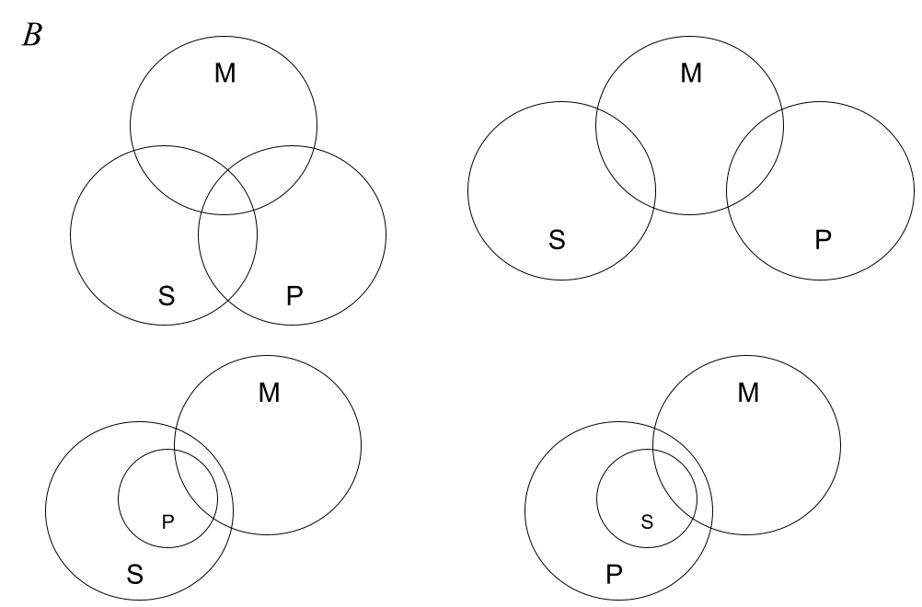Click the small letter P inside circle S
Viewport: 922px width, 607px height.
[x=167, y=521]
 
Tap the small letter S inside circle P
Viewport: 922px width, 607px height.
[x=646, y=521]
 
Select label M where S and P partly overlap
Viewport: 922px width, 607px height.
[x=225, y=74]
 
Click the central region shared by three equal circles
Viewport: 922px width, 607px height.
[x=227, y=195]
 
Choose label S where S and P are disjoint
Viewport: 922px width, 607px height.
[x=556, y=239]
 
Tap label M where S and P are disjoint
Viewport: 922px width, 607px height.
[x=690, y=72]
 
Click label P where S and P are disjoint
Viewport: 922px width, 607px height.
[x=822, y=239]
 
